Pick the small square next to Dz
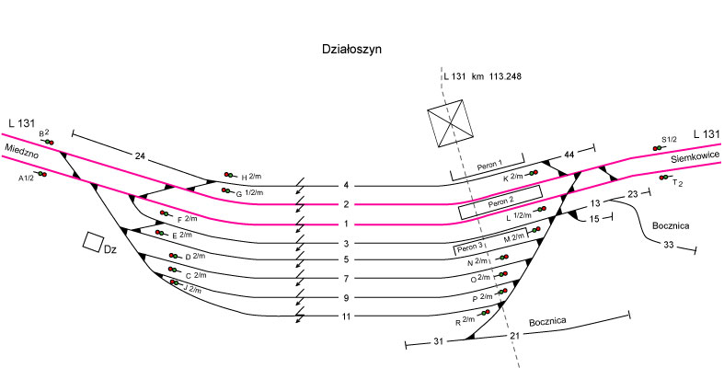(x=92, y=241)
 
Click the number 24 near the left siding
(x=140, y=155)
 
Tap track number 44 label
(x=569, y=155)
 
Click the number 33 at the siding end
(x=669, y=246)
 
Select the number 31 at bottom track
(x=437, y=341)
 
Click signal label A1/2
(x=26, y=177)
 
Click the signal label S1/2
(x=669, y=140)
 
